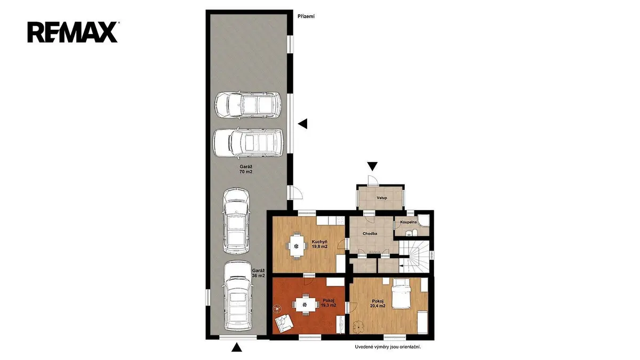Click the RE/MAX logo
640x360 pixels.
point(73,32)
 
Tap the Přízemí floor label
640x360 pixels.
point(306,17)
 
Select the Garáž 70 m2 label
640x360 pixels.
point(246,169)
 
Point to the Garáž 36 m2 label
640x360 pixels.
point(258,273)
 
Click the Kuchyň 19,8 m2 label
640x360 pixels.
point(319,244)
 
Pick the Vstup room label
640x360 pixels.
point(382,198)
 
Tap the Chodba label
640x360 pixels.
point(370,234)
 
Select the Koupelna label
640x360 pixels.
point(409,222)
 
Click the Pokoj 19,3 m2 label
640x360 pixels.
point(329,303)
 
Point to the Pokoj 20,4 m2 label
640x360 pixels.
point(378,303)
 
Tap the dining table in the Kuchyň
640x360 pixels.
point(297,246)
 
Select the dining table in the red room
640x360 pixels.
point(306,305)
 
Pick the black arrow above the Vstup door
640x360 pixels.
point(372,166)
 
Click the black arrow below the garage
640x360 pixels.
point(237,347)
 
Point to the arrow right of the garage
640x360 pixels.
point(302,124)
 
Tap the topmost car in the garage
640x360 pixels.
point(248,105)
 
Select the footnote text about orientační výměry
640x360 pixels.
point(388,347)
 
